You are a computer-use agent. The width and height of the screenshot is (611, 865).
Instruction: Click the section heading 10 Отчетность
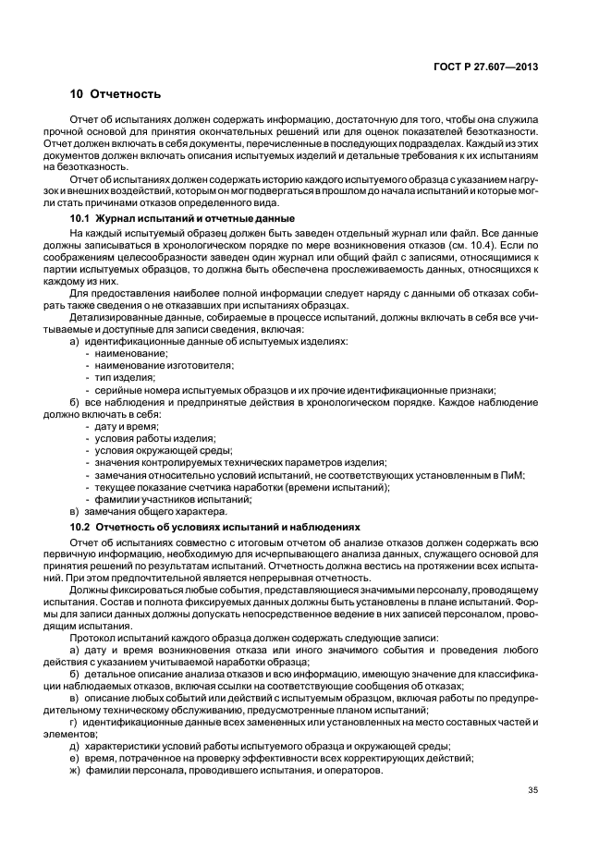tap(116, 94)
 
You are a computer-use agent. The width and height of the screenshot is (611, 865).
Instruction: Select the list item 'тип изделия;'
tap(123, 378)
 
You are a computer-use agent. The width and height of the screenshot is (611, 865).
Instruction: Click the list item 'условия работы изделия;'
tap(150, 439)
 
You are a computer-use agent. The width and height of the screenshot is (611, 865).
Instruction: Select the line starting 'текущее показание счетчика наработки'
tap(240, 487)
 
